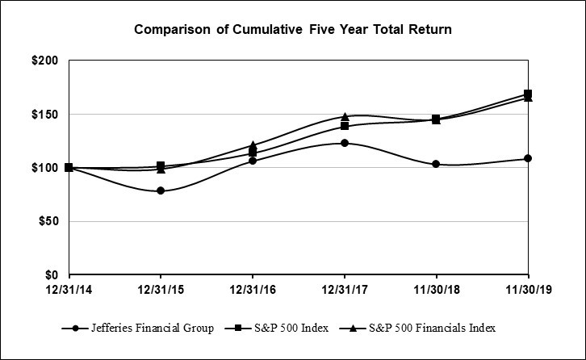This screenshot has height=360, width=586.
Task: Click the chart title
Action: pos(292,30)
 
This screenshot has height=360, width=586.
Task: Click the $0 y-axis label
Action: pos(54,274)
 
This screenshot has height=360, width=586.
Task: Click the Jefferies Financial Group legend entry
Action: pos(134,329)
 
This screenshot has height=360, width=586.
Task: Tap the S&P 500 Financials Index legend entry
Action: pos(420,329)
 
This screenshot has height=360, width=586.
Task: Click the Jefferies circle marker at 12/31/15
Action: pos(161,190)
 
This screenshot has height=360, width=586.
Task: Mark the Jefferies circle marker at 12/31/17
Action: pos(345,143)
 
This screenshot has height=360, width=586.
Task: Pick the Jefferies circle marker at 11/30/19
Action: pos(528,158)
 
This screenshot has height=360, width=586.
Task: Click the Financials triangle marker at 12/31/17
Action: pos(345,117)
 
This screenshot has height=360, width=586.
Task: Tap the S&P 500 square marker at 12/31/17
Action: pos(345,126)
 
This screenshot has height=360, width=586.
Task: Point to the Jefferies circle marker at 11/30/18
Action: pos(436,164)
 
